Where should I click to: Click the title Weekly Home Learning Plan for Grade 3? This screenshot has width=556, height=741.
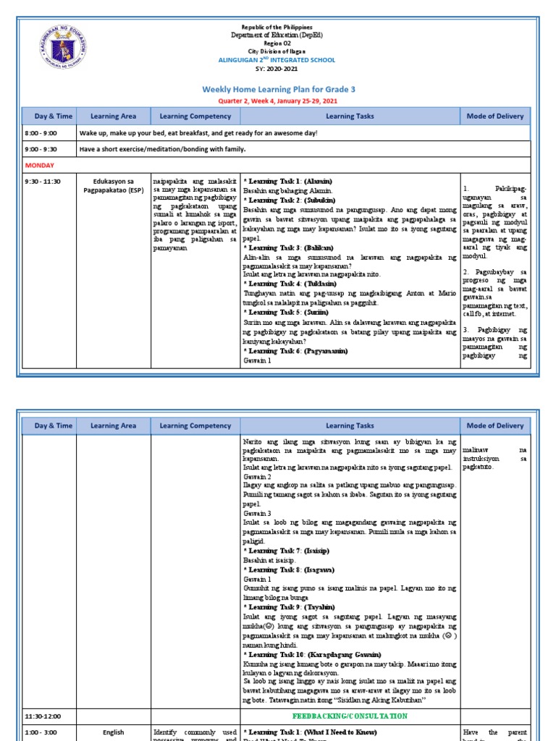click(x=278, y=89)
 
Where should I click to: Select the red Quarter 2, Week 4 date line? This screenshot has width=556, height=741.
click(x=278, y=101)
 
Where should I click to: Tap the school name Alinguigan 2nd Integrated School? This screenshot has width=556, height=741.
click(x=278, y=59)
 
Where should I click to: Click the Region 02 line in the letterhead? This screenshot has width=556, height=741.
click(x=278, y=43)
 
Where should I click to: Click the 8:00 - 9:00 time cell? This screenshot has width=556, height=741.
click(x=42, y=133)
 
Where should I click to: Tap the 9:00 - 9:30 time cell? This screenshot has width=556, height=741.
click(x=42, y=149)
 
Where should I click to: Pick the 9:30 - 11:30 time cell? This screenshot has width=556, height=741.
click(x=44, y=181)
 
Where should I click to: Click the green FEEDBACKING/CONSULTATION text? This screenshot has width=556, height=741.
click(x=350, y=716)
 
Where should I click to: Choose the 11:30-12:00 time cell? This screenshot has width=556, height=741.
click(x=43, y=716)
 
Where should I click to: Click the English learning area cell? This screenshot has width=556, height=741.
click(x=114, y=732)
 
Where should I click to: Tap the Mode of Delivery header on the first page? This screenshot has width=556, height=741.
click(x=496, y=116)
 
